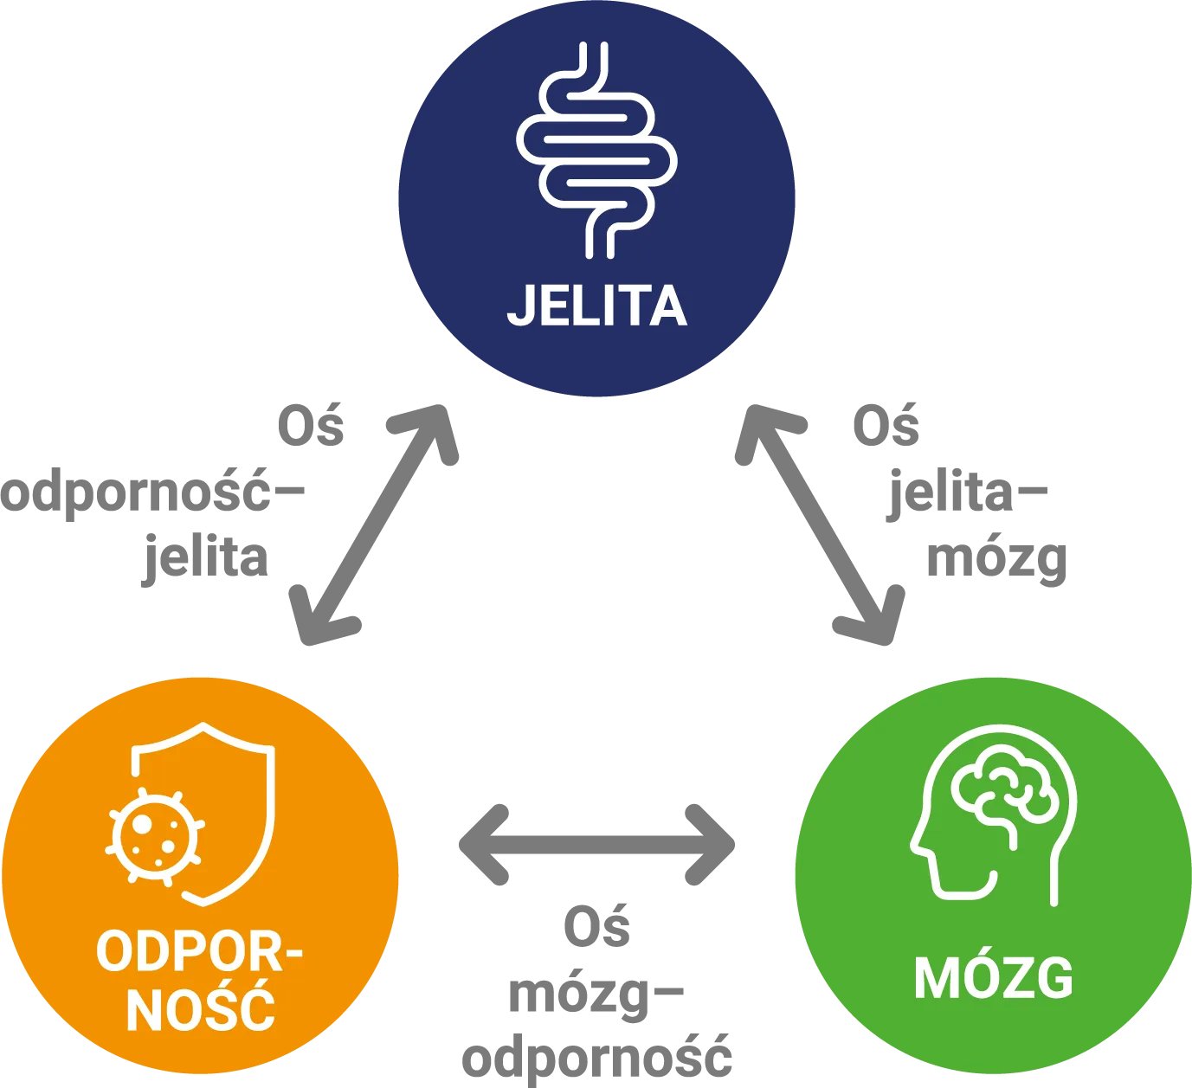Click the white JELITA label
click(596, 306)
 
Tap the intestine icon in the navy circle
click(596, 150)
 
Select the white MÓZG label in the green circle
click(994, 978)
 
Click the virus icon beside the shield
click(154, 837)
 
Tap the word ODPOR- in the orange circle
click(200, 952)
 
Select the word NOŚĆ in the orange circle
click(201, 1008)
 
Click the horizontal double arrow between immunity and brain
click(596, 845)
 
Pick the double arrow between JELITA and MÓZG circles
click(820, 525)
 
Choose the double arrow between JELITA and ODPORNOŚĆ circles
click(374, 525)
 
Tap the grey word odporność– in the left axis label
click(152, 492)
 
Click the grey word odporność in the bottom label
click(596, 1058)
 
